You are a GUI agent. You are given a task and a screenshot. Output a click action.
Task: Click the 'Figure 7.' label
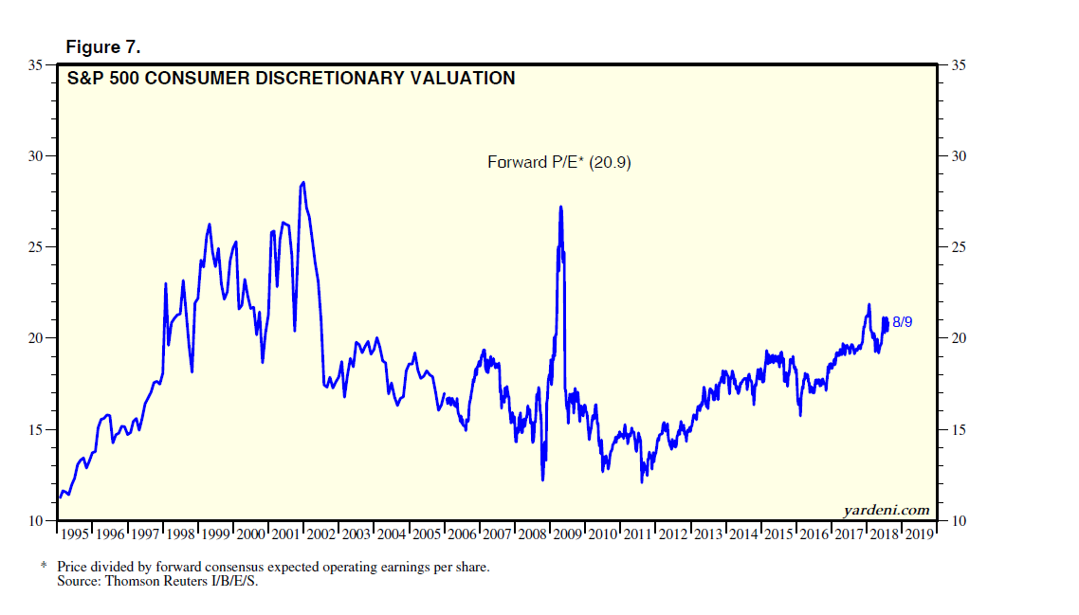(x=102, y=47)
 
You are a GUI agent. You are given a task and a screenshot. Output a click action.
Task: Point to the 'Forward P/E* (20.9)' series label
(x=558, y=163)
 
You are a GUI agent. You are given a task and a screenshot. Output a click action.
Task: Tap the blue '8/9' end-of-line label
(x=903, y=323)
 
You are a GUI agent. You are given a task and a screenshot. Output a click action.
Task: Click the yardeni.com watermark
(x=887, y=511)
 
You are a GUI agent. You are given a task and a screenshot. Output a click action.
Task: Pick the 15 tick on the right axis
(x=958, y=430)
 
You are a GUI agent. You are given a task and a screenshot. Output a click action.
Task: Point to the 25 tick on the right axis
(x=958, y=247)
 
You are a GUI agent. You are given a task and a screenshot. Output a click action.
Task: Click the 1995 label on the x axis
(x=75, y=534)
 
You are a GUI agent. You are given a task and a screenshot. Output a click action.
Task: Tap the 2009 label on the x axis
(x=569, y=534)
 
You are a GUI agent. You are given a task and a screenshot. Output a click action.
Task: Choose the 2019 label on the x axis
(x=919, y=534)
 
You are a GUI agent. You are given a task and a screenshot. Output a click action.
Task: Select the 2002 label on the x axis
(x=321, y=534)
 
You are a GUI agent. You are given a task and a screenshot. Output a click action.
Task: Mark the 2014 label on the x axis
(x=743, y=534)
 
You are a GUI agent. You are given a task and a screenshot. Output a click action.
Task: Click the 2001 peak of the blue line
(x=302, y=183)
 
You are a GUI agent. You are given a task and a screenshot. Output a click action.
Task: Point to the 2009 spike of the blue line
(x=560, y=207)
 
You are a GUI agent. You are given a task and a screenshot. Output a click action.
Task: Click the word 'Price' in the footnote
(x=73, y=568)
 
